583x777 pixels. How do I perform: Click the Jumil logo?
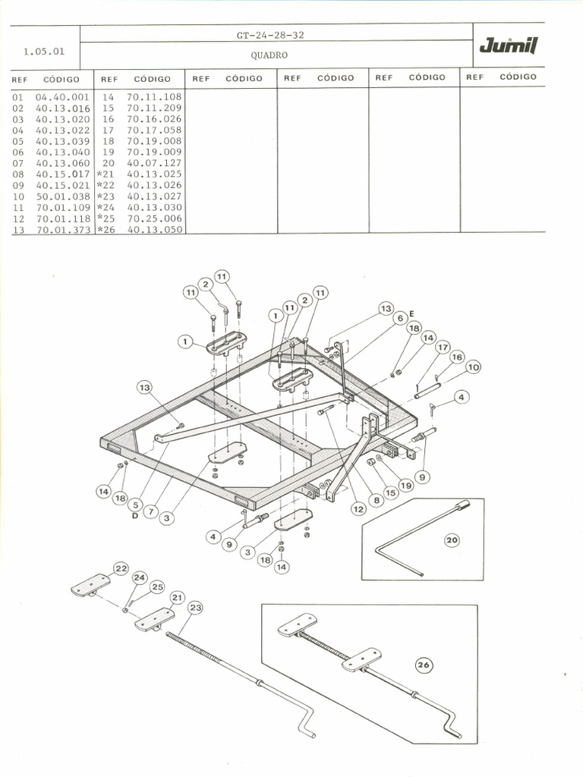coord(508,47)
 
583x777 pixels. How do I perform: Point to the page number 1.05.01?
coord(44,52)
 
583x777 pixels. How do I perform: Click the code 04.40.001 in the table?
coord(62,97)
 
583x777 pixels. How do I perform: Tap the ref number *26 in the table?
coord(105,229)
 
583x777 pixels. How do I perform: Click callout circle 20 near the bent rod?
coord(452,540)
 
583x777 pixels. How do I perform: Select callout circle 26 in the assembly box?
coord(424,665)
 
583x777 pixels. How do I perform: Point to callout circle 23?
coord(195,607)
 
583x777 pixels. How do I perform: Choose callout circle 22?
coord(121,568)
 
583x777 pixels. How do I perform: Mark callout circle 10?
coord(473,367)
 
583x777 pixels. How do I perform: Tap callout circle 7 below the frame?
coord(151,511)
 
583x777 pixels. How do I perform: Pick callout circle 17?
coord(443,348)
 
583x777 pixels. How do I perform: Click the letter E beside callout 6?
coord(411,313)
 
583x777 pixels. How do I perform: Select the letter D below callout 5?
coord(134,516)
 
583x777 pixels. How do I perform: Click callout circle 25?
coord(157,587)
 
